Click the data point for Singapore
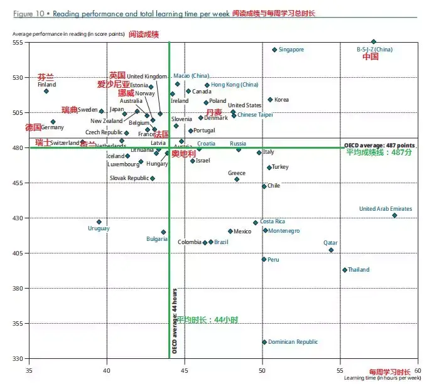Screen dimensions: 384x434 coord(274,50)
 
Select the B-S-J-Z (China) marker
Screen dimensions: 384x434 coord(374,41)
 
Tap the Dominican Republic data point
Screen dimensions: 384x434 coord(264,342)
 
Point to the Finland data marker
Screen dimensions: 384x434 coord(46,91)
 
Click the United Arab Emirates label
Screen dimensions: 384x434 coord(385,209)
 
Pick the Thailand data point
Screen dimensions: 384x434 coord(345,270)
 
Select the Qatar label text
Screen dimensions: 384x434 coord(330,243)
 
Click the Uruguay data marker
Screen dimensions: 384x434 coord(99,221)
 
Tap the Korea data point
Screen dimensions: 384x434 coord(271,100)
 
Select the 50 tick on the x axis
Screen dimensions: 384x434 coord(263,371)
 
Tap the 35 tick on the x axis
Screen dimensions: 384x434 coord(30,371)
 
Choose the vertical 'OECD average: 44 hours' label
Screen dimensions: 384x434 coord(175,321)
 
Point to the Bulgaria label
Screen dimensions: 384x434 coord(156,239)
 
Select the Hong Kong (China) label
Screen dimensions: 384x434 coord(234,85)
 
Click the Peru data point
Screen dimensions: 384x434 coord(264,259)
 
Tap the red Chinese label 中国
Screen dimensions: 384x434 coord(371,56)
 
